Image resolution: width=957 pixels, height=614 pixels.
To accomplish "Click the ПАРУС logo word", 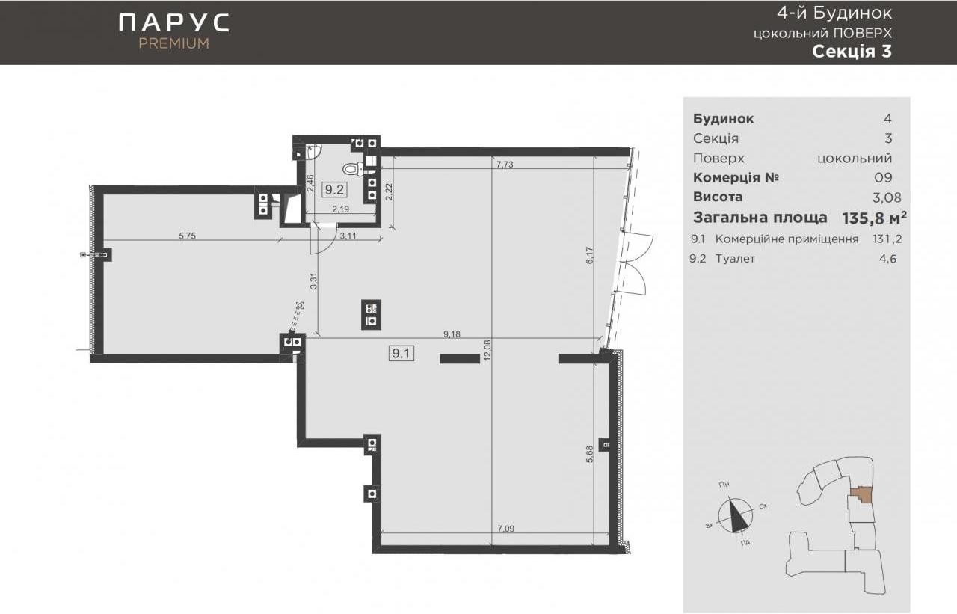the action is click(x=174, y=22).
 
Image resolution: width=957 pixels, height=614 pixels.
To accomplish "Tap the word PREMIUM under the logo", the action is click(x=174, y=43).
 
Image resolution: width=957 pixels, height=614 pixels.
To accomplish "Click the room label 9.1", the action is click(x=401, y=353).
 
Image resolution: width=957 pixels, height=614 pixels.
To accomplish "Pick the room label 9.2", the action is click(x=334, y=189).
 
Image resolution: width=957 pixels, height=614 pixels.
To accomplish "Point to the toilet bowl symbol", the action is click(x=353, y=170).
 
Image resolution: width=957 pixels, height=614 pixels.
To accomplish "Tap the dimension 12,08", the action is click(x=487, y=350).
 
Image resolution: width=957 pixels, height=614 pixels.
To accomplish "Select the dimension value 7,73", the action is click(x=505, y=164).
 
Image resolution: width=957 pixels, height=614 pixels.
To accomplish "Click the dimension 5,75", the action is click(x=187, y=236).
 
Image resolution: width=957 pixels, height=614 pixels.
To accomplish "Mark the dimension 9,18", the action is click(x=452, y=334).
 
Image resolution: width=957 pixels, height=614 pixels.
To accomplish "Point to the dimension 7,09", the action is click(x=506, y=529).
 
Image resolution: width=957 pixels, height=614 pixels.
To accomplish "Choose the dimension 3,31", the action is click(x=313, y=280).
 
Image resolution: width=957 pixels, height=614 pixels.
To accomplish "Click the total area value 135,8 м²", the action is click(x=874, y=218).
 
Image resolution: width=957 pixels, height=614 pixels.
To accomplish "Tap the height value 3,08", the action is click(x=887, y=197).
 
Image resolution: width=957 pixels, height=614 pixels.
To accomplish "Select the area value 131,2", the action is click(x=887, y=239).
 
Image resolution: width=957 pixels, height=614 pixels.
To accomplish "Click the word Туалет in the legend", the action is click(x=735, y=259).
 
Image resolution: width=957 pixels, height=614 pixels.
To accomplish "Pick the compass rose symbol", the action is click(x=736, y=516).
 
